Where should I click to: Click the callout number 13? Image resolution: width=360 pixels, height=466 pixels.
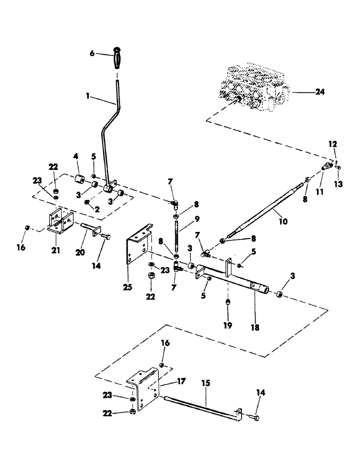(338, 184)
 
